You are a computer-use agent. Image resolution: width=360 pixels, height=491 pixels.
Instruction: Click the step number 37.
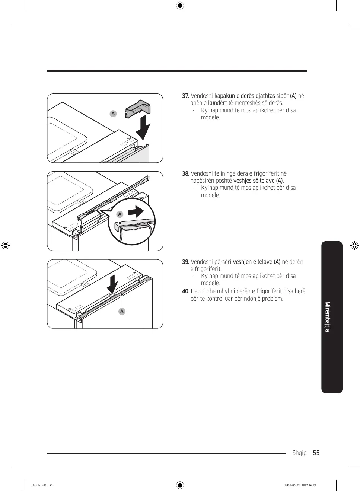tap(185, 96)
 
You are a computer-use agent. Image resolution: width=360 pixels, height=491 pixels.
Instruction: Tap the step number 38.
tap(185, 174)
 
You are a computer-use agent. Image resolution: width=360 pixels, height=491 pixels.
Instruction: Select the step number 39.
tap(185, 262)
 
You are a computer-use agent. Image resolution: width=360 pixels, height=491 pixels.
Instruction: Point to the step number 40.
tap(185, 291)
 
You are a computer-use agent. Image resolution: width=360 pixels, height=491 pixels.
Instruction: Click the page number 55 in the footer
tap(316, 453)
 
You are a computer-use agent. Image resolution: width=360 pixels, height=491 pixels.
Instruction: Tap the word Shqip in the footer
tap(299, 453)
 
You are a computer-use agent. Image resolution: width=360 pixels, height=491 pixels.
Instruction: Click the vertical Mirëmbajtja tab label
tap(328, 316)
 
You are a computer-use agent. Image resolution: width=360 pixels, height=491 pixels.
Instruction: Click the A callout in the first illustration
tap(113, 114)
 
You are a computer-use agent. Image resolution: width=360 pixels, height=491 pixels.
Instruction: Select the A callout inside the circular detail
tap(120, 214)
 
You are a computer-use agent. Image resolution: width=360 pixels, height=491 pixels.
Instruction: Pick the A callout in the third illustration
tap(122, 311)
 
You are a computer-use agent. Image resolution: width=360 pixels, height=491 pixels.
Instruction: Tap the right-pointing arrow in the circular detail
tap(136, 212)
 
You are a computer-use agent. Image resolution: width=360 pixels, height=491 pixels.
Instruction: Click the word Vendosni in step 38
tap(202, 174)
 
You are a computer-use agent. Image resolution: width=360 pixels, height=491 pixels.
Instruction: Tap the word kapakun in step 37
tap(224, 96)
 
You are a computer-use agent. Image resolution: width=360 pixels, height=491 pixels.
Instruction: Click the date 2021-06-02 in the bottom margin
tap(292, 485)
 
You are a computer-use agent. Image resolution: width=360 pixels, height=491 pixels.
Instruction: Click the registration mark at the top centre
tap(180, 6)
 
